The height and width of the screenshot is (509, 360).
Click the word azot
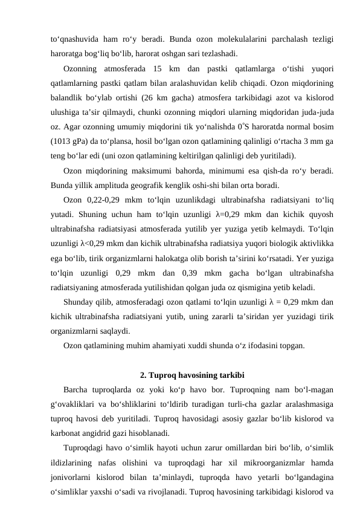point(267,99)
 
